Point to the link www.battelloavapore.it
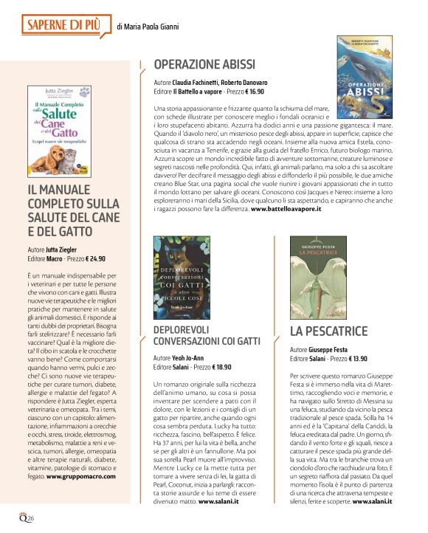286,210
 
